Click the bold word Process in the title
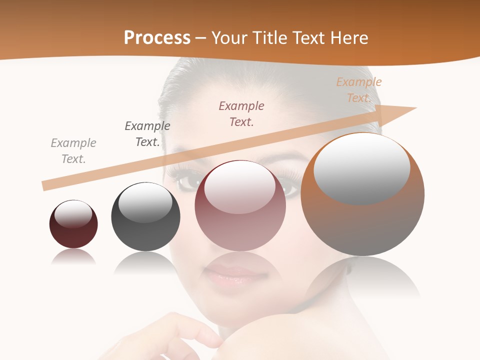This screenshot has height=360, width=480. [157, 37]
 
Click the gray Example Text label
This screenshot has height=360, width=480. [73, 151]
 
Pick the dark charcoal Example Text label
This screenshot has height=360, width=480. [147, 134]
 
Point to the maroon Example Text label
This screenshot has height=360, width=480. [241, 114]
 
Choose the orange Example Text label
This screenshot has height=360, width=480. [359, 90]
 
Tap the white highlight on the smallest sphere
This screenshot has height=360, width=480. [73, 214]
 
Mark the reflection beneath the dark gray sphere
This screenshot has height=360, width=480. [145, 262]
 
